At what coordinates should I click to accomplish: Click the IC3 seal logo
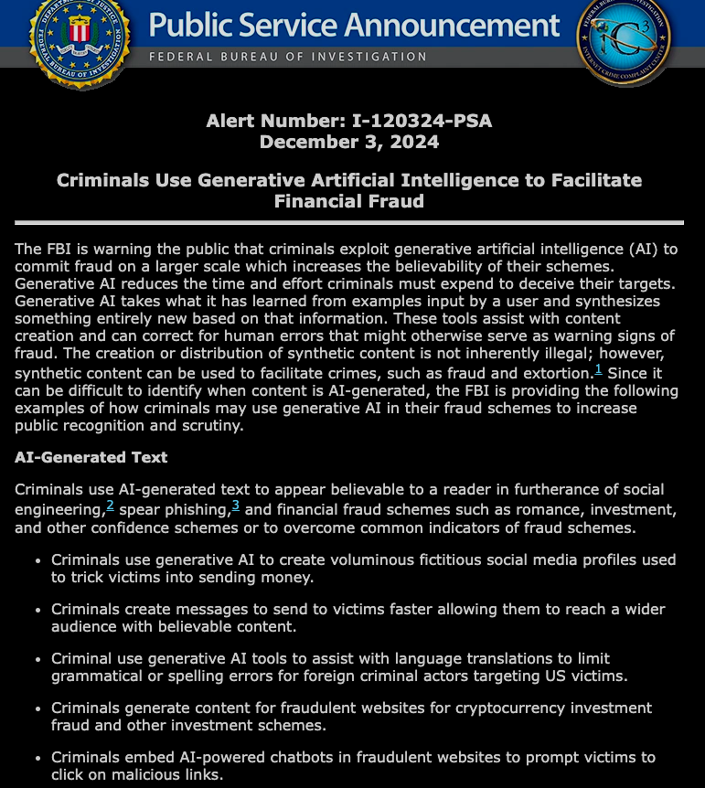(x=623, y=37)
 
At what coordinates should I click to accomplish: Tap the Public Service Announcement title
(x=354, y=25)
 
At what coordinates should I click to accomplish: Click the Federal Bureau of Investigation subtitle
(x=288, y=57)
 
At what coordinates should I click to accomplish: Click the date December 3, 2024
(x=348, y=142)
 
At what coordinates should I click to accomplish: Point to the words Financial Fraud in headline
(x=348, y=201)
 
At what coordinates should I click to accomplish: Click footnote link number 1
(x=598, y=369)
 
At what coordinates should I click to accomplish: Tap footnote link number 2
(x=110, y=506)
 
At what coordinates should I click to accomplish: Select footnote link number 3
(x=235, y=506)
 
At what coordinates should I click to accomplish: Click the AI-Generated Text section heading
(x=91, y=457)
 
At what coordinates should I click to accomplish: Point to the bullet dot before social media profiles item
(x=36, y=559)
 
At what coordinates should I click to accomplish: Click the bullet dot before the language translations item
(x=36, y=658)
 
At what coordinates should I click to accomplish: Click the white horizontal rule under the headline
(x=348, y=222)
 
